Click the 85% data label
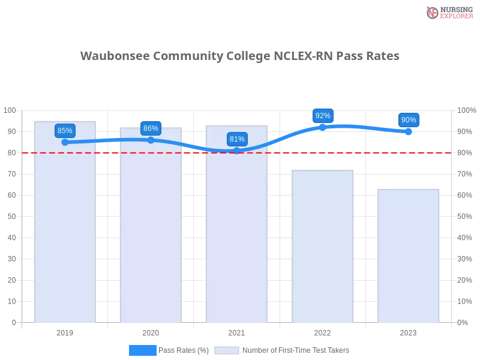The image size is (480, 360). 65,130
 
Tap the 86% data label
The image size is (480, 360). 151,128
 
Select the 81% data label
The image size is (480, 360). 237,139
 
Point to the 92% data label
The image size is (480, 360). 323,115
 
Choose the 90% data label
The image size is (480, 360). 409,120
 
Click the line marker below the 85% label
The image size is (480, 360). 65,142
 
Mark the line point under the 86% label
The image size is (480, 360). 151,140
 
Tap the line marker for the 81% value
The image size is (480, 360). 237,151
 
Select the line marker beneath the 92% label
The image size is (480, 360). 323,127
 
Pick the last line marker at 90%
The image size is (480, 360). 409,131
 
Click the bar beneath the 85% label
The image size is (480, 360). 65,228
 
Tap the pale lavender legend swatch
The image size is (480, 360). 227,350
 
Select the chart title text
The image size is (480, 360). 240,56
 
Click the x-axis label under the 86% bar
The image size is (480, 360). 151,331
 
